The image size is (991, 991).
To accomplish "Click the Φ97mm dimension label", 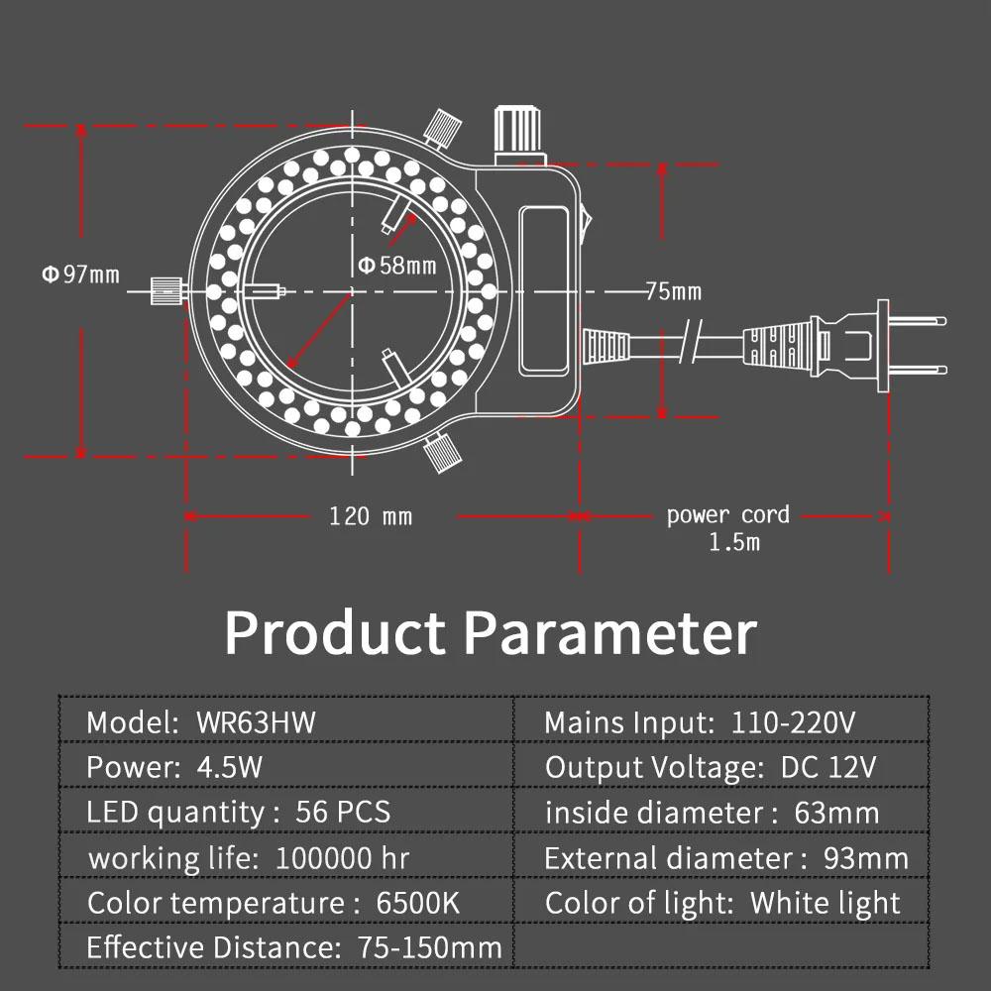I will point(80,275).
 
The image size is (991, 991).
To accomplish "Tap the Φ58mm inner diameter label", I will point(396,265).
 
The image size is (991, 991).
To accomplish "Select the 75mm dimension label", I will point(673,291).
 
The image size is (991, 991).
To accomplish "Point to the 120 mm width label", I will point(371,516).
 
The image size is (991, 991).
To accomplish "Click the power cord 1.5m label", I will point(728,527).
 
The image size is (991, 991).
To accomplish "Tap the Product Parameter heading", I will point(491,632).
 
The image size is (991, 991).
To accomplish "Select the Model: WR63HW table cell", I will point(201,721).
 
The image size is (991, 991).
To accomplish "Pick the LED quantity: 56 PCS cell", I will point(239,813).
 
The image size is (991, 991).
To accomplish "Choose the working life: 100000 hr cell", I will point(248,858).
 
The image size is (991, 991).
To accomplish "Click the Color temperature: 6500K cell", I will point(274,904).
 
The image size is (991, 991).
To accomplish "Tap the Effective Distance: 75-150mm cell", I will point(294,948).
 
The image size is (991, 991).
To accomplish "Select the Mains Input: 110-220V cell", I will point(699,721).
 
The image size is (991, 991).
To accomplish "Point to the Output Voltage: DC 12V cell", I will point(711,767).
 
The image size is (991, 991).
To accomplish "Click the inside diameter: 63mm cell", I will point(712,813).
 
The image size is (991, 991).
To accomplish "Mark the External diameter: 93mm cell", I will point(725,858).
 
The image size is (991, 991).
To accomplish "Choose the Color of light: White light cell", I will point(722,904).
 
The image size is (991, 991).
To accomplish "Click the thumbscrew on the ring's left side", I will point(165,291).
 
